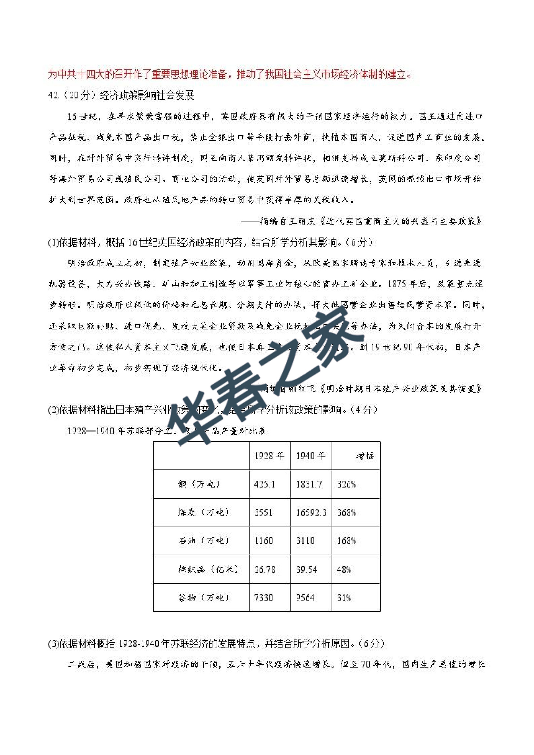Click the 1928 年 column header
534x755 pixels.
tap(269, 456)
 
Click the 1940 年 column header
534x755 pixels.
tap(311, 456)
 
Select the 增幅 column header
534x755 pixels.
tap(365, 456)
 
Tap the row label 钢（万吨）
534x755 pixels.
tap(199, 484)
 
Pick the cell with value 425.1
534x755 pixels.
tap(264, 484)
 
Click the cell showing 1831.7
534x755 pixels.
tap(309, 484)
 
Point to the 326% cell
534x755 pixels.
tap(346, 484)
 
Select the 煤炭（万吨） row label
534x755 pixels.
tap(203, 512)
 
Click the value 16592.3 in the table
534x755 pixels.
tap(311, 513)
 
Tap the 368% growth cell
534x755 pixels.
tap(346, 513)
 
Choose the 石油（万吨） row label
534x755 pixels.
tap(203, 541)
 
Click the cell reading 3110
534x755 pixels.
tap(305, 541)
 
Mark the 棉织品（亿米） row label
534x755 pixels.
tap(208, 569)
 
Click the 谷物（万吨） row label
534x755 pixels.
tap(203, 598)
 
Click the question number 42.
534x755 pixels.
tap(53, 96)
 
